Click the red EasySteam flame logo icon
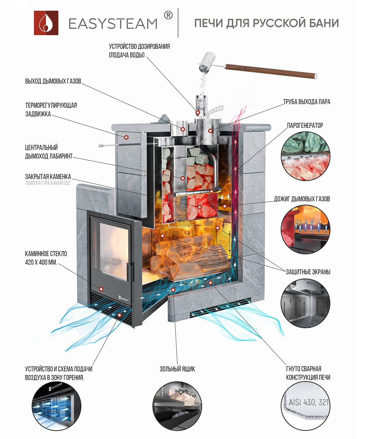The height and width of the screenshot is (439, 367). tap(46, 23)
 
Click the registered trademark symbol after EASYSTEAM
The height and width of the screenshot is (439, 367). tap(168, 15)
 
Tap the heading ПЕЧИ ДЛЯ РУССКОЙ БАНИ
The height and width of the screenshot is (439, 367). tap(266, 23)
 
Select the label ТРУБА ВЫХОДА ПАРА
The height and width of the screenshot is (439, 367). tap(306, 102)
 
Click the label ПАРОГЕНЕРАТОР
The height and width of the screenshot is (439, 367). tap(305, 126)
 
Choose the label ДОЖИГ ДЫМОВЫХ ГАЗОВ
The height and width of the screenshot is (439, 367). tap(302, 199)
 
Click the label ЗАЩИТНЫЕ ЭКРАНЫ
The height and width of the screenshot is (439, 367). tap(308, 272)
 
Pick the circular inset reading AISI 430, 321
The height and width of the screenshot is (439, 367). tap(305, 406)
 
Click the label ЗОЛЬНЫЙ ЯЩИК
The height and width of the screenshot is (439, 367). tap(177, 369)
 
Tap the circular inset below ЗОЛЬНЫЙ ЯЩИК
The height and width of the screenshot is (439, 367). tap(177, 406)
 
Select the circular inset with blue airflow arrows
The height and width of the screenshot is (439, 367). tap(57, 406)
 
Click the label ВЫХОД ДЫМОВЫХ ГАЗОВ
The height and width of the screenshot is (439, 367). tap(53, 81)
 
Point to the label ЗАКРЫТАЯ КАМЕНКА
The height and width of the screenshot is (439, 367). tap(48, 177)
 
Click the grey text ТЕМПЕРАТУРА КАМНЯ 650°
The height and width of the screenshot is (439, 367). tap(48, 183)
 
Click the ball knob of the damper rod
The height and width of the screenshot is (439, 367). tap(100, 145)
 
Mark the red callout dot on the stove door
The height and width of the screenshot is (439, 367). tap(101, 289)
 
